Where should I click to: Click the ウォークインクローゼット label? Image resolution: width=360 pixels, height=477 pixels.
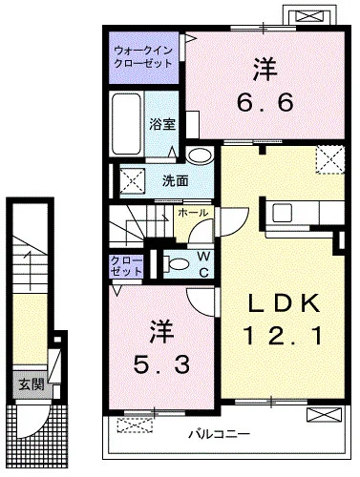point(143,56)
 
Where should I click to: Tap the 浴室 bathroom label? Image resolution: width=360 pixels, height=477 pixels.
point(162,124)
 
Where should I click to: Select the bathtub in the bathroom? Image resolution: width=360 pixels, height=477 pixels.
point(126,123)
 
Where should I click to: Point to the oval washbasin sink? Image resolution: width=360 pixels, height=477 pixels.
point(200,156)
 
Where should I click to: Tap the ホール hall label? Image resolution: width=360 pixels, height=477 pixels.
point(193,213)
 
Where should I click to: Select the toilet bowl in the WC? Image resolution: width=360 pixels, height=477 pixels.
point(177,264)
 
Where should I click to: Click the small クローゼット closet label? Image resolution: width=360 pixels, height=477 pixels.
point(126,266)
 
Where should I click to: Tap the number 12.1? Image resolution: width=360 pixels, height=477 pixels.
point(283,337)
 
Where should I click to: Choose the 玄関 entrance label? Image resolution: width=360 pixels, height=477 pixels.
point(31,384)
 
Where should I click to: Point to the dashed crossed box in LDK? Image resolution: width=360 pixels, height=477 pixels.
point(330,159)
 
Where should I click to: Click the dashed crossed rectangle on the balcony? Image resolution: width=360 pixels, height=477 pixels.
point(135,425)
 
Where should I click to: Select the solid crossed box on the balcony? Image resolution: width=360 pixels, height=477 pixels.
point(325,414)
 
